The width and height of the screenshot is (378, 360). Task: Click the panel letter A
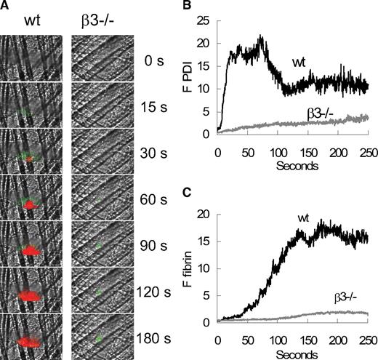5,5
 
